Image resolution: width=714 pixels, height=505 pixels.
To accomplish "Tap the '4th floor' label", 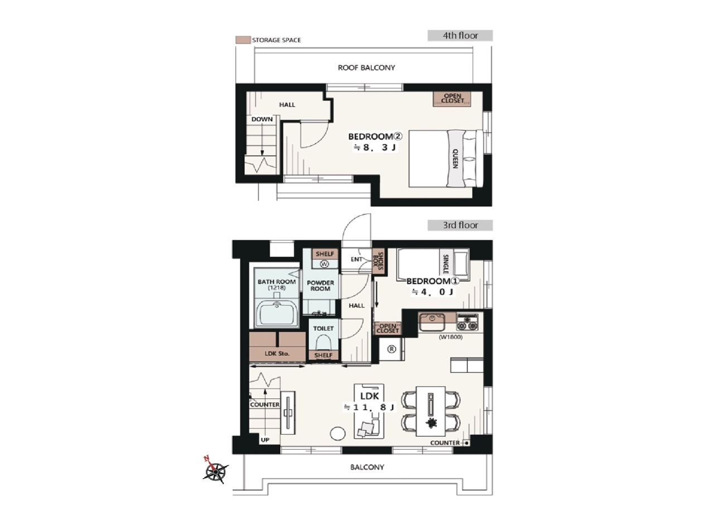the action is pyautogui.click(x=460, y=35).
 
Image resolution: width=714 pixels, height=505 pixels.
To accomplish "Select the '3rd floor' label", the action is pyautogui.click(x=460, y=225).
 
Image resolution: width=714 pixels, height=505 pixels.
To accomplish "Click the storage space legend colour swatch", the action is pyautogui.click(x=243, y=40).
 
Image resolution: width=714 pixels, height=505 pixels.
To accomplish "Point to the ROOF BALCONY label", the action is pyautogui.click(x=366, y=68).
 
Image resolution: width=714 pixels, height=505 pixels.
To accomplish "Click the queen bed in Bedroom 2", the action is pyautogui.click(x=446, y=158).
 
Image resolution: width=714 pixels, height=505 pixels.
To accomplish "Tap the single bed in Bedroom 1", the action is pyautogui.click(x=433, y=264).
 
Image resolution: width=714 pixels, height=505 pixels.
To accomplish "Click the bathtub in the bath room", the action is pyautogui.click(x=277, y=313).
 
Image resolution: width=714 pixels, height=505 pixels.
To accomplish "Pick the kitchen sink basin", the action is pyautogui.click(x=432, y=322).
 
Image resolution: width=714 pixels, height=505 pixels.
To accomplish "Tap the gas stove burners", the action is pyautogui.click(x=467, y=322).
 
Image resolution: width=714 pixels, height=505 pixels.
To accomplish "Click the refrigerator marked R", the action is pyautogui.click(x=392, y=349).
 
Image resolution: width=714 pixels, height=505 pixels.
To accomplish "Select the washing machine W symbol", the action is pyautogui.click(x=325, y=264).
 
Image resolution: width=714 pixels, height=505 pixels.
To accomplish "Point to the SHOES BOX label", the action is pyautogui.click(x=378, y=261).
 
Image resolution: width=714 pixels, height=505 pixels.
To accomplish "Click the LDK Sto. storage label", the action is pyautogui.click(x=277, y=354).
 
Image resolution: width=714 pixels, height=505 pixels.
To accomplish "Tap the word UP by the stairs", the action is pyautogui.click(x=265, y=440).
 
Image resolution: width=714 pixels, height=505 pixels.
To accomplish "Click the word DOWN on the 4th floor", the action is pyautogui.click(x=262, y=119).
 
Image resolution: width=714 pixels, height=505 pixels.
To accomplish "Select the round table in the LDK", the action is pyautogui.click(x=337, y=434).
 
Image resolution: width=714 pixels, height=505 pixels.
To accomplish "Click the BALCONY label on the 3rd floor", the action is pyautogui.click(x=367, y=468).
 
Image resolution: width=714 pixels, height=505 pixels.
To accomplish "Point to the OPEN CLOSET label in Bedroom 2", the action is pyautogui.click(x=452, y=98).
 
